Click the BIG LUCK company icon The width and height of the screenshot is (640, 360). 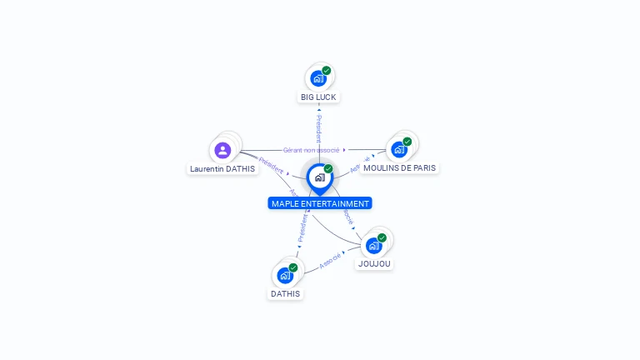317,78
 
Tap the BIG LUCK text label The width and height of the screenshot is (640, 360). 319,97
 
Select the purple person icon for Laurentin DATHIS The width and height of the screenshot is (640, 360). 222,151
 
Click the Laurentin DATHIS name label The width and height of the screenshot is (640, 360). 222,168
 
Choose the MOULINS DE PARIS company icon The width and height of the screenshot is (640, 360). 398,150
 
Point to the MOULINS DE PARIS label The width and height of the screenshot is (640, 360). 399,167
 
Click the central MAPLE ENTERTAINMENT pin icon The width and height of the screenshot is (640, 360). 319,177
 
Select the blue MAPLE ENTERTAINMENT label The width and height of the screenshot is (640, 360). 320,203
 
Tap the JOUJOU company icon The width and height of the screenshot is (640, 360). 373,246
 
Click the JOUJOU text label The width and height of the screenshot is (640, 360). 374,264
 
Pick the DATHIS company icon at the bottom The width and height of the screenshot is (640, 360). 285,275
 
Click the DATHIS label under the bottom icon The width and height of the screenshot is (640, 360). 285,293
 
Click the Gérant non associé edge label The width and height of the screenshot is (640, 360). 312,150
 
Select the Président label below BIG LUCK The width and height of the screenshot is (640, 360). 318,129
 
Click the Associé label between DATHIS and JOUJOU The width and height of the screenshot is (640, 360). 330,257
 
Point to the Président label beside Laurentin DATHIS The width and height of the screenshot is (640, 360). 271,164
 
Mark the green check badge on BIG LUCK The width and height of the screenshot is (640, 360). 327,71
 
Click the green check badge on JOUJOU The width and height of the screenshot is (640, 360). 382,238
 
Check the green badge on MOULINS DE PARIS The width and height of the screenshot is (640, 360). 407,142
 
